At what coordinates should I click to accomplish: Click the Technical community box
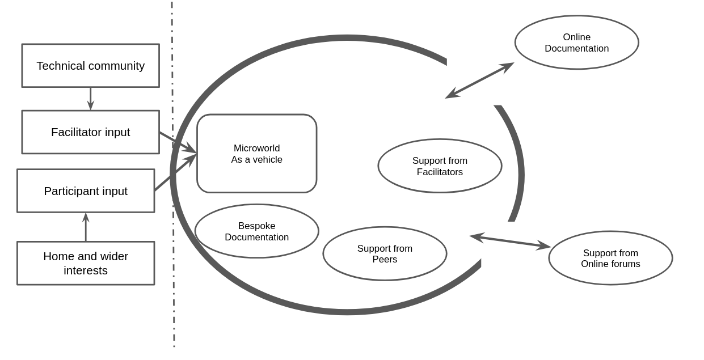90,66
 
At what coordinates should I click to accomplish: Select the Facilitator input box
90,132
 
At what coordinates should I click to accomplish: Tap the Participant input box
86,191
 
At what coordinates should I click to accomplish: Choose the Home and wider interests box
86,263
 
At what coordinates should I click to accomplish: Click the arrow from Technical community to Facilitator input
90,99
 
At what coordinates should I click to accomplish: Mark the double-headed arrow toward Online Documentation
480,81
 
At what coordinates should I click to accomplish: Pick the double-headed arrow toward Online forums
510,241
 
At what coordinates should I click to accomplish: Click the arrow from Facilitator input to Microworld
177,142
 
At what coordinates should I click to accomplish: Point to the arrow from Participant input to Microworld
175,173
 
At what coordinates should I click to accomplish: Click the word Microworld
256,149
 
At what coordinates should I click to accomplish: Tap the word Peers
385,260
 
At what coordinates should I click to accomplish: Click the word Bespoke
256,226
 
